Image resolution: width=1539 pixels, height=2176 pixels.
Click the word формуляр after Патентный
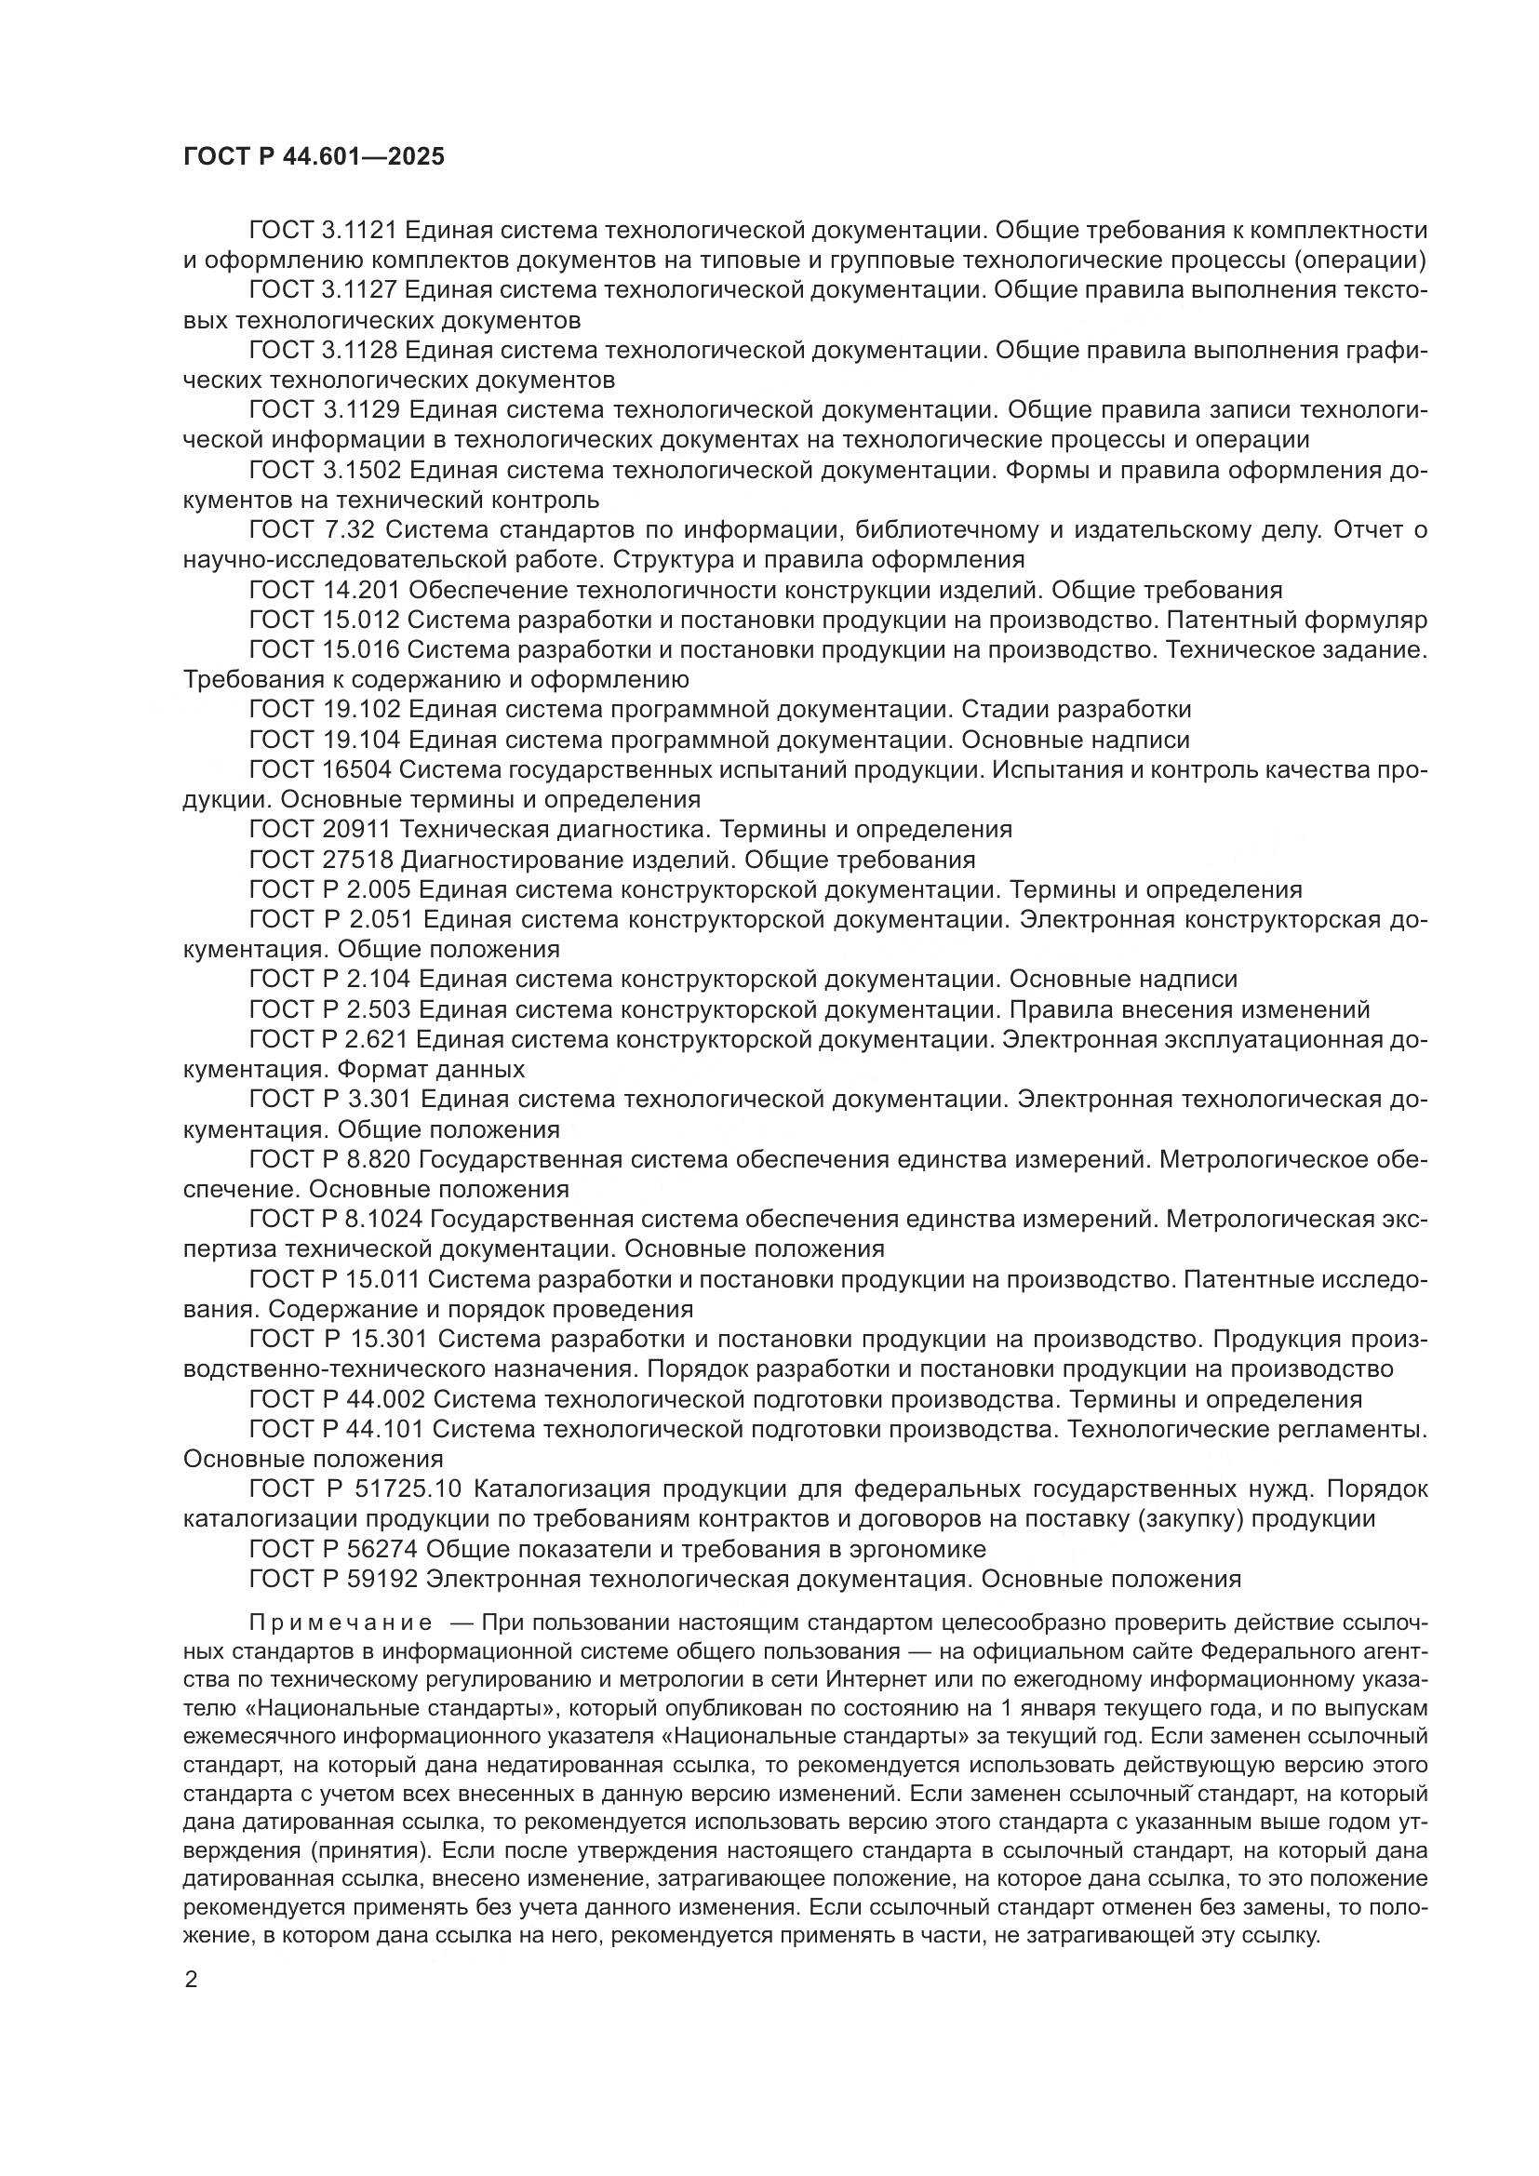point(1366,620)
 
